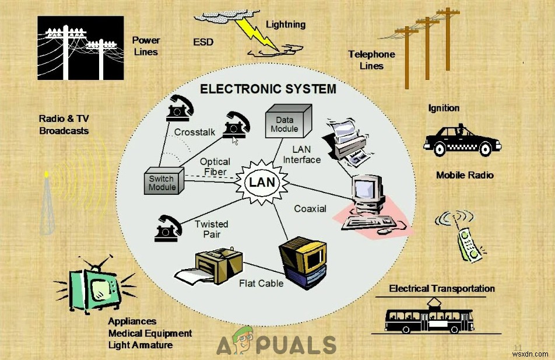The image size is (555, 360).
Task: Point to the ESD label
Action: click(203, 42)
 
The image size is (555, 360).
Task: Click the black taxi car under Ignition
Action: click(462, 140)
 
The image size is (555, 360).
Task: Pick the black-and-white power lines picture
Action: click(80, 48)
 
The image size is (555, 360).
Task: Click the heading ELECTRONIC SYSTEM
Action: click(268, 89)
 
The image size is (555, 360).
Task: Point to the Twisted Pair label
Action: click(211, 229)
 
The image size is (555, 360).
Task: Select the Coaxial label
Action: click(310, 208)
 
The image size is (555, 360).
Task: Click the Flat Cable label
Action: click(261, 284)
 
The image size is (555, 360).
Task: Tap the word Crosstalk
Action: click(195, 132)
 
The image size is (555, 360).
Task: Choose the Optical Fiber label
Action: click(215, 167)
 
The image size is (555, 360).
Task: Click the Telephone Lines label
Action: click(371, 60)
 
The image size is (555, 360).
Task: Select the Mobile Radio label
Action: click(465, 175)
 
